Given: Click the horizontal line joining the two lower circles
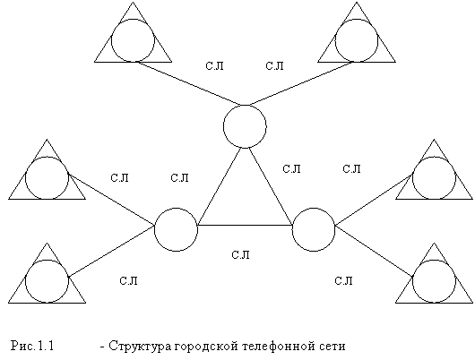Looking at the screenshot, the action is tap(245, 226).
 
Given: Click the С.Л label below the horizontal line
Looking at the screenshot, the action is tap(240, 255).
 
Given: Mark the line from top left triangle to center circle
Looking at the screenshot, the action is tap(190, 83).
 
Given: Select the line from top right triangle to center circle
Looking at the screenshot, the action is tap(299, 83).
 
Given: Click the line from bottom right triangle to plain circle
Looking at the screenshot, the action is tap(374, 251).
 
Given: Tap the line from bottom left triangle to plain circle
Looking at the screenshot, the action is tap(111, 251).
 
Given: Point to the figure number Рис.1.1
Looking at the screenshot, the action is tap(32, 346).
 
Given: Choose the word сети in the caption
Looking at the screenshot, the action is tap(332, 346).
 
